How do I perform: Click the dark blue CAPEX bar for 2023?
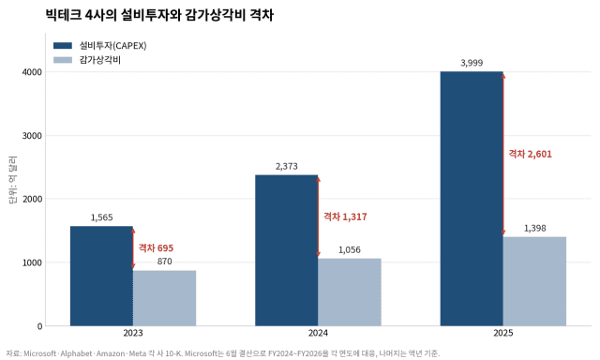tap(101, 276)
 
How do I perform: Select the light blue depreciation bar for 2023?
tap(165, 298)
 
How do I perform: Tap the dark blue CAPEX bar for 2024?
tap(287, 250)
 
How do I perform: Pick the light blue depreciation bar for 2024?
tap(350, 292)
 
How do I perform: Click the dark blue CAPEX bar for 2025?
tap(472, 199)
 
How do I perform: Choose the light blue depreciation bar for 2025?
tap(534, 281)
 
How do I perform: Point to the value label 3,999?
tap(472, 63)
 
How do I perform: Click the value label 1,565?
tap(102, 217)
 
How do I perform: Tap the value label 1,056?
tap(350, 249)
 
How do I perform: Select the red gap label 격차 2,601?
tap(530, 154)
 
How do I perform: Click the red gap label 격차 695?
tap(157, 247)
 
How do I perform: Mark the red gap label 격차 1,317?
tap(345, 217)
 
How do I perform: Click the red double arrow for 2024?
tap(318, 217)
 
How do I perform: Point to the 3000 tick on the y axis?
tap(32, 136)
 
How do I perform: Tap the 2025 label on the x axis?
tap(503, 333)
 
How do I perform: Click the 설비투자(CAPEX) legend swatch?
tap(63, 46)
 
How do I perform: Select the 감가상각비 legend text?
tap(100, 60)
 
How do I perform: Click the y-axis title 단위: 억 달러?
tap(12, 180)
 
